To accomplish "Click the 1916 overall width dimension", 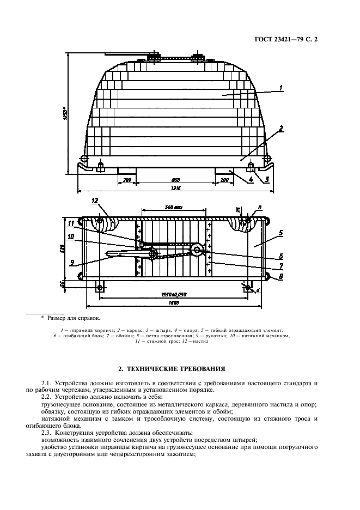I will [175, 188].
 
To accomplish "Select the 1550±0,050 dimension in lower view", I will [174, 293].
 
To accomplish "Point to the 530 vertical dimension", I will [63, 248].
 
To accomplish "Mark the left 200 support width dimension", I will [127, 179].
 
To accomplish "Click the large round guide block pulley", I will [197, 249].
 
